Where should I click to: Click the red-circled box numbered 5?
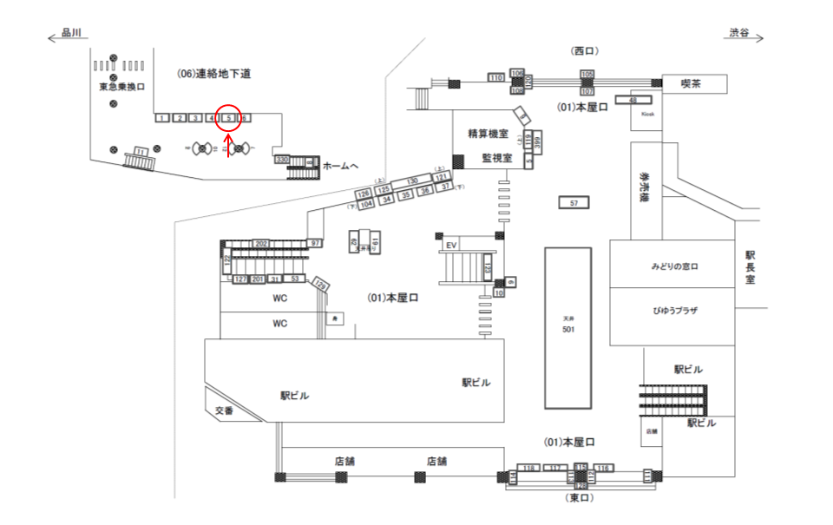pos(227,118)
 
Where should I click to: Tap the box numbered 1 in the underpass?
pos(161,118)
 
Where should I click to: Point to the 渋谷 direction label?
pos(739,33)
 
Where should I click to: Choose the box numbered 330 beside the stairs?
pos(281,160)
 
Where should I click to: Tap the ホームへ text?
pos(340,165)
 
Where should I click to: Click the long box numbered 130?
pos(412,181)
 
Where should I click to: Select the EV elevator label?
pos(450,246)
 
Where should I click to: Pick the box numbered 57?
pos(574,203)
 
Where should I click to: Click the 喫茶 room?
pos(691,83)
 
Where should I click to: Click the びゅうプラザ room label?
pos(675,310)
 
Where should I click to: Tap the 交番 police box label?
pos(223,410)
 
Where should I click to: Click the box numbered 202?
pos(261,244)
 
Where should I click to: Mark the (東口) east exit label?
pos(577,498)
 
